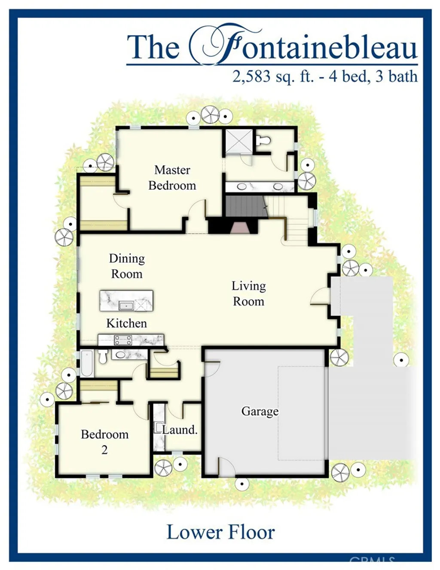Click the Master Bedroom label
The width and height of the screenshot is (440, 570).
[172, 178]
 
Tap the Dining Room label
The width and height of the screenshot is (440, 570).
[127, 266]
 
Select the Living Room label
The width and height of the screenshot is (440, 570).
[248, 293]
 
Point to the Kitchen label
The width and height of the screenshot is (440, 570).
[126, 323]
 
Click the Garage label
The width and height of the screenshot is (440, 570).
[260, 411]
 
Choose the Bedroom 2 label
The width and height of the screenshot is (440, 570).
[104, 441]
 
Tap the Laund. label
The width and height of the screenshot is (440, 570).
[180, 429]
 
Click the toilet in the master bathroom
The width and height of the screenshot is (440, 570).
[263, 140]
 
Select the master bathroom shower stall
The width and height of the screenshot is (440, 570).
[239, 141]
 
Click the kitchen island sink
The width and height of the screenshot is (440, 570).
[126, 306]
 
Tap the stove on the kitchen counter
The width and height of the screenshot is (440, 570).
[123, 340]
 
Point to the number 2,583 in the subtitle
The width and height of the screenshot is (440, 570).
[251, 77]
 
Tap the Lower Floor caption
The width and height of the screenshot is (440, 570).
[220, 532]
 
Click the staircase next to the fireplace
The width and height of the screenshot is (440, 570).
[245, 206]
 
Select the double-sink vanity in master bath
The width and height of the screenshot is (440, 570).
[260, 187]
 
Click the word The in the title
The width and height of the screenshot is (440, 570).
[153, 47]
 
